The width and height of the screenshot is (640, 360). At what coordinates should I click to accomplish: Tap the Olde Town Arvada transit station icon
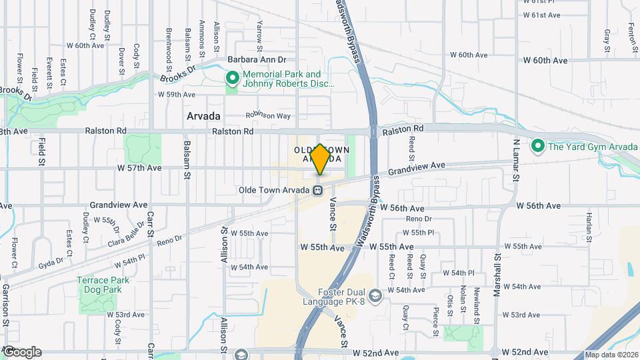pyautogui.click(x=319, y=190)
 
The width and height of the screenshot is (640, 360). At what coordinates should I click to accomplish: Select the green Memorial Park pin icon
pyautogui.click(x=233, y=79)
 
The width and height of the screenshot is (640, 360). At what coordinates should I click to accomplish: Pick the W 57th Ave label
pyautogui.click(x=139, y=168)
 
